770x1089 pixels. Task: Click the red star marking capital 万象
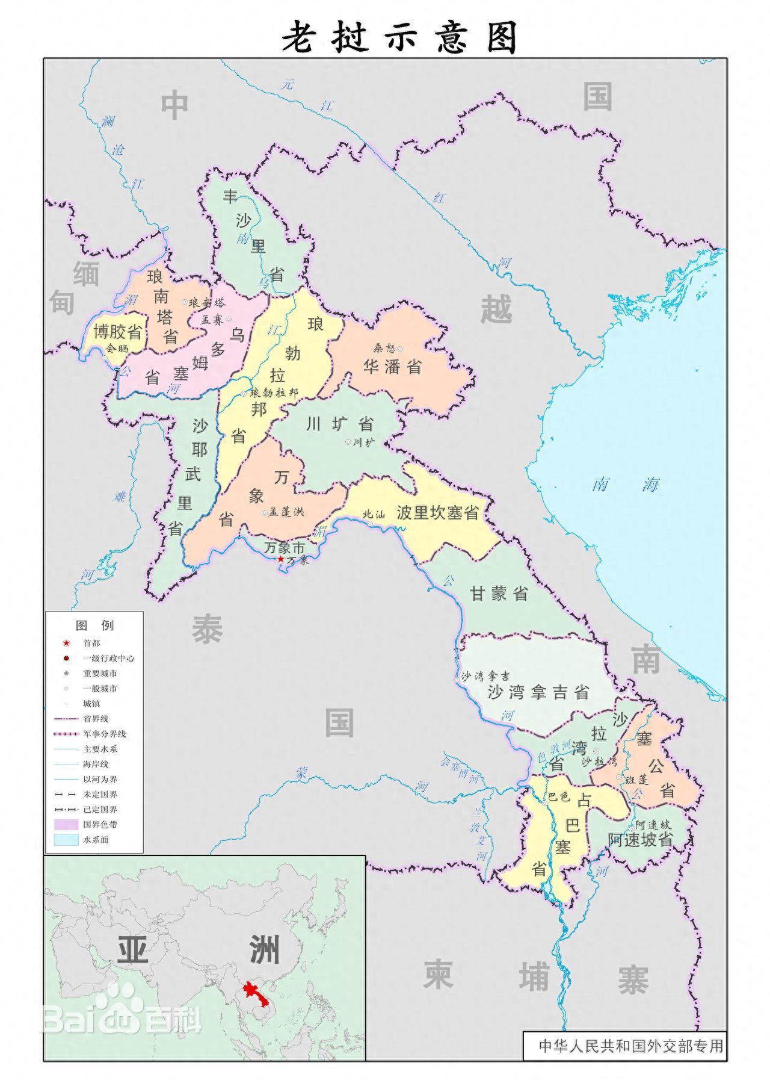coord(280,559)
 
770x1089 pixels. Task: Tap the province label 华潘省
coord(392,367)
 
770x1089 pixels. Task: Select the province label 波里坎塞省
coord(437,513)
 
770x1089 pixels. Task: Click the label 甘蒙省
coord(499,594)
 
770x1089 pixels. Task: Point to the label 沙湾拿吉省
coord(538,692)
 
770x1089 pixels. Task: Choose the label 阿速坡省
coord(640,840)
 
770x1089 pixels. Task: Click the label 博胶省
coord(117,332)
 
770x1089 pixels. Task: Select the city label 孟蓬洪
coord(286,512)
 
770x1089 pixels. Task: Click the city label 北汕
coord(373,515)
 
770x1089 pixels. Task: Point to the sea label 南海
coord(626,484)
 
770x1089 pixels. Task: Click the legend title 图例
coord(94,625)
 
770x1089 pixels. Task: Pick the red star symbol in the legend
coord(66,643)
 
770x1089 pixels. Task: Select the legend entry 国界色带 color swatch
coord(66,824)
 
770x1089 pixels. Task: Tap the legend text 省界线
coord(96,719)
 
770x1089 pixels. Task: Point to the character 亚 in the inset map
coord(133,950)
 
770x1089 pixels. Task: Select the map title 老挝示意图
coord(399,37)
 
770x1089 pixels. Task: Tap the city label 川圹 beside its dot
coord(363,442)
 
